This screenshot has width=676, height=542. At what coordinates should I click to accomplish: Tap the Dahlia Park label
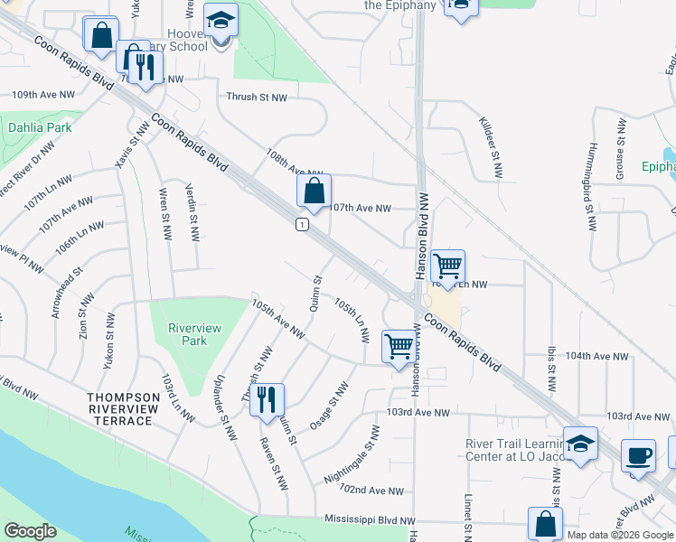[x=40, y=127]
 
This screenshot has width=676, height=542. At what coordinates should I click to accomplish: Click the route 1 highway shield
[x=303, y=224]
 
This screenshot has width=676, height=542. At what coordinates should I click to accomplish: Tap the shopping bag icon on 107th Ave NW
[x=314, y=192]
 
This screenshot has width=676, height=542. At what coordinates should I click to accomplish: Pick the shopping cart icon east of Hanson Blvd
[x=447, y=266]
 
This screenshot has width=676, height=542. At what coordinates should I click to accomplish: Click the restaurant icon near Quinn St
[x=266, y=400]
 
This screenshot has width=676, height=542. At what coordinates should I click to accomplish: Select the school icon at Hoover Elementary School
[x=220, y=21]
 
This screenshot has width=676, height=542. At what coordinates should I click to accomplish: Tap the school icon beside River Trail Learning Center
[x=580, y=444]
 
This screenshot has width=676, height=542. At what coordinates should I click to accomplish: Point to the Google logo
[x=30, y=531]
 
